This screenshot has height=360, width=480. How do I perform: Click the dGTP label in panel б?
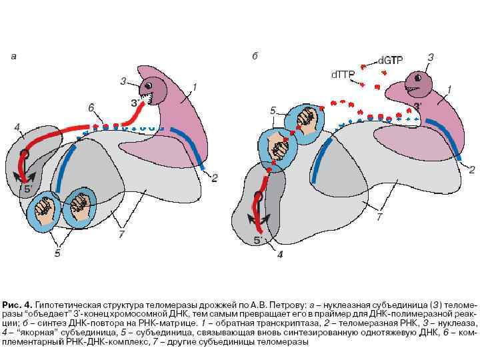390,60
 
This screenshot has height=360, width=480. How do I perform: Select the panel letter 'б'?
255,57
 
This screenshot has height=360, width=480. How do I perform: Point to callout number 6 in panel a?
91,107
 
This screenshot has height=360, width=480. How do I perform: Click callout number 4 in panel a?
17,127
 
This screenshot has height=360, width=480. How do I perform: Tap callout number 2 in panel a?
214,177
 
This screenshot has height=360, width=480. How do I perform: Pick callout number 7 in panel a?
122,234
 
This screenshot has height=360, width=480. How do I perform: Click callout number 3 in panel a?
123,81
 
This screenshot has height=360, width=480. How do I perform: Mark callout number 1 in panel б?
449,89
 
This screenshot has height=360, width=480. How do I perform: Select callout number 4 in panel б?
281,254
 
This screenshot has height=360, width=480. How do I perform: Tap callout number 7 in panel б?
379,217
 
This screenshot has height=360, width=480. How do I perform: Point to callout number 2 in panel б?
471,170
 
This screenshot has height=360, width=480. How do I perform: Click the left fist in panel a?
47,209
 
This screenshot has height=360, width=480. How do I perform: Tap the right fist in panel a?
79,205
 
